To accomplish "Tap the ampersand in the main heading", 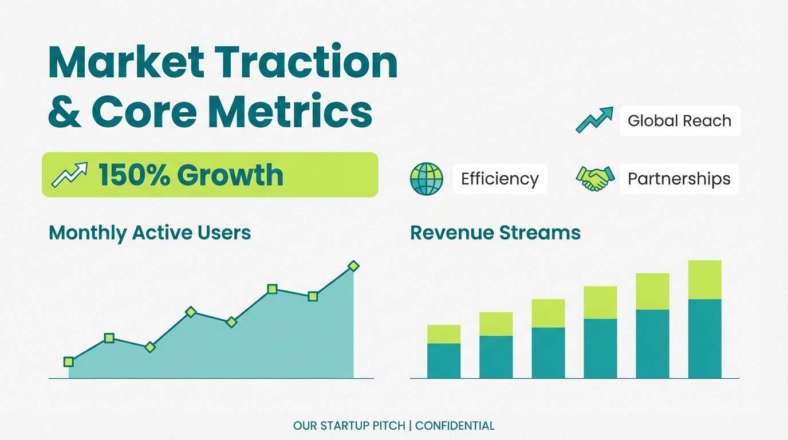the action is point(65,111).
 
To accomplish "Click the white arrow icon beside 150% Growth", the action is point(70,175).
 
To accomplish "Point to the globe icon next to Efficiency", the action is point(427,179).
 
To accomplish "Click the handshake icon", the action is point(595,178).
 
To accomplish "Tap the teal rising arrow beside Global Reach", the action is point(594,120).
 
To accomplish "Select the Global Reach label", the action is point(679,121).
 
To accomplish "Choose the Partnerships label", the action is point(679,179).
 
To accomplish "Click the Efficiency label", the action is point(500,179).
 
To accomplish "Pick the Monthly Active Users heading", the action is point(150,233).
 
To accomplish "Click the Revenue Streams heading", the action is point(495,233).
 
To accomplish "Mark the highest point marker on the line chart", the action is point(353,266).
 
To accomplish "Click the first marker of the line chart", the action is point(69,362).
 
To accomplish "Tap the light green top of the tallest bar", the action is point(704,280).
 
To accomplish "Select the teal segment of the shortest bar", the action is point(444,361).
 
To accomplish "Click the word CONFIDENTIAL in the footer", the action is point(455,426).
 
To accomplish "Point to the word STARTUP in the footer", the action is point(345,426).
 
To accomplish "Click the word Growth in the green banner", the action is point(230,175).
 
